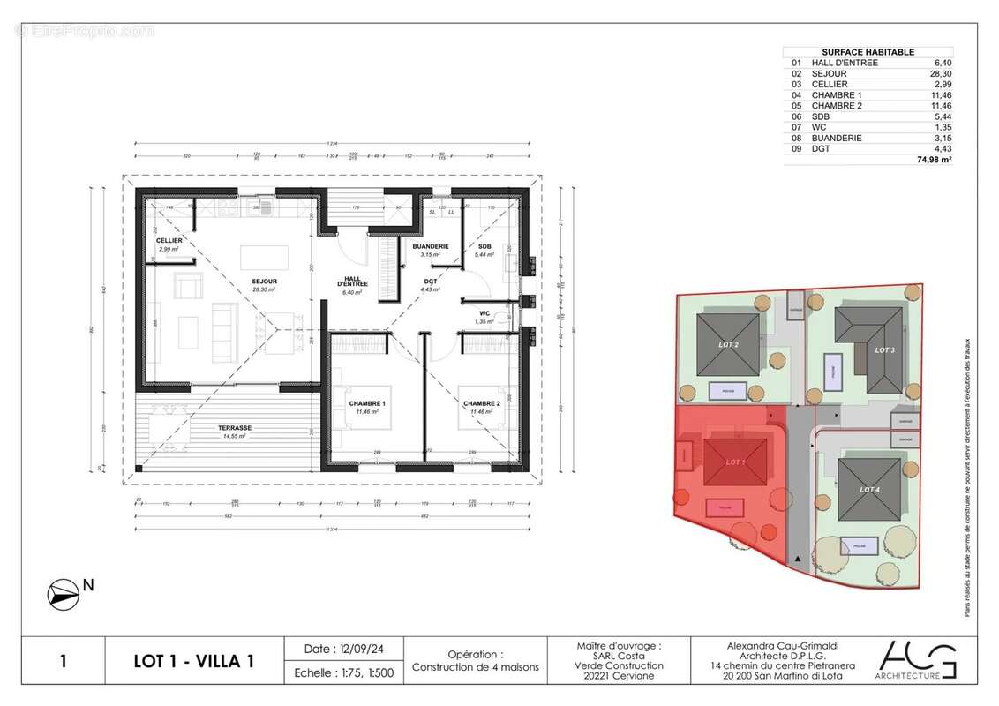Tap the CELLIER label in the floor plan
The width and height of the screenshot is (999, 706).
point(169,241)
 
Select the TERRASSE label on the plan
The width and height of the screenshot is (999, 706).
point(236,428)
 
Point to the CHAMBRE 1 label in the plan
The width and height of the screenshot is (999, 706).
point(366,403)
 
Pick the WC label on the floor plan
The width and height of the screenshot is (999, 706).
point(484,313)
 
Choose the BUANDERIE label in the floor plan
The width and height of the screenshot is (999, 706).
point(432,246)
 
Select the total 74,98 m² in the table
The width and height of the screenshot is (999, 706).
point(935,161)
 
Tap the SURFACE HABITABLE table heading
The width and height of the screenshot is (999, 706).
point(868,52)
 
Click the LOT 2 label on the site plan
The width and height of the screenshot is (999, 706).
point(729,344)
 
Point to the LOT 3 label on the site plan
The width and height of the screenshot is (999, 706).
point(885,349)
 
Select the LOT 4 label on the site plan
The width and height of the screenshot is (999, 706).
point(869,489)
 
